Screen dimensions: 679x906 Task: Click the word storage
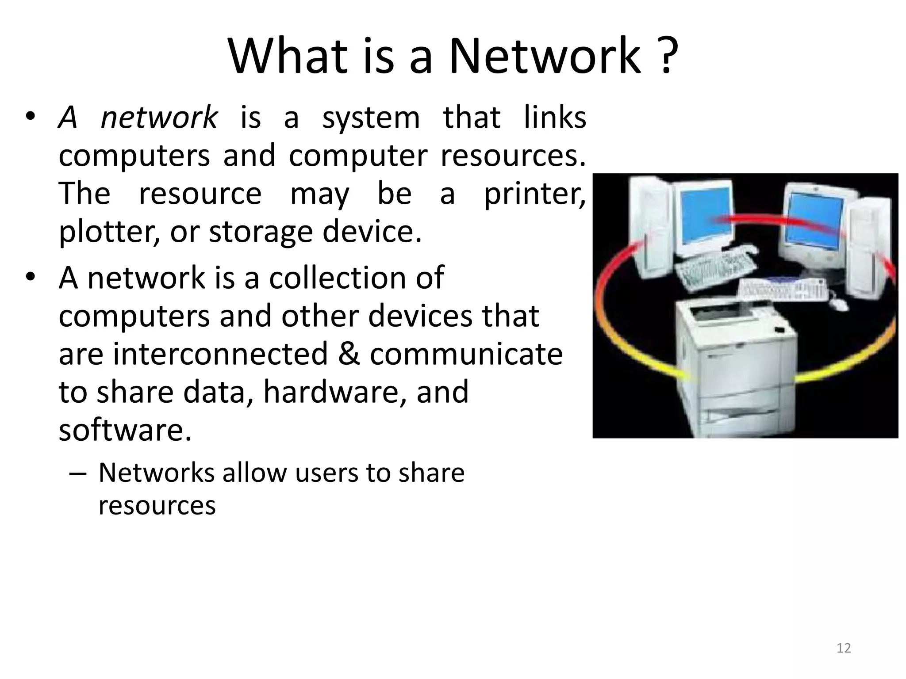[261, 233]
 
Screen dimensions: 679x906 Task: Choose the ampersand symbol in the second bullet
[349, 354]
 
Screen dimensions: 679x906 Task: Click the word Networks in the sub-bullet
[156, 473]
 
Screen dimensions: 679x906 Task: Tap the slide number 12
[844, 648]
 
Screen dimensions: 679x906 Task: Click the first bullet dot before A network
[30, 117]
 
